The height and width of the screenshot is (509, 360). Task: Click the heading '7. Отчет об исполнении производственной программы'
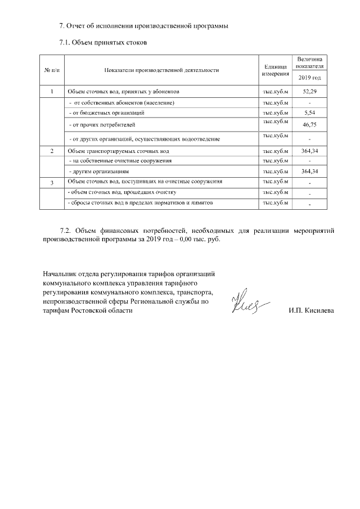pyautogui.click(x=145, y=26)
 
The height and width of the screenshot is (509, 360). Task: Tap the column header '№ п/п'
pyautogui.click(x=52, y=70)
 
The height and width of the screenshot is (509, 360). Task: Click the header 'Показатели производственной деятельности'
pyautogui.click(x=161, y=70)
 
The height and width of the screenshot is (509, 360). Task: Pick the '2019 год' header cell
pyautogui.click(x=309, y=78)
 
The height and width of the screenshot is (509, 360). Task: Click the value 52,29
pyautogui.click(x=310, y=91)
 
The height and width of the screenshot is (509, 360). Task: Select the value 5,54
pyautogui.click(x=310, y=112)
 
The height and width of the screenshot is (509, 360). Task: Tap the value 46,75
pyautogui.click(x=310, y=125)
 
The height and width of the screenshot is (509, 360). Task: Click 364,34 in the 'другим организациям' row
pyautogui.click(x=310, y=171)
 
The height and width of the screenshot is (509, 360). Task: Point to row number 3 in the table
pyautogui.click(x=52, y=183)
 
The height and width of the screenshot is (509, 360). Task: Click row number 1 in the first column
pyautogui.click(x=52, y=91)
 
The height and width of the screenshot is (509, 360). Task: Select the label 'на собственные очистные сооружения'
pyautogui.click(x=115, y=161)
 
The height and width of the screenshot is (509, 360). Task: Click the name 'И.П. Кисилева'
pyautogui.click(x=310, y=310)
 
